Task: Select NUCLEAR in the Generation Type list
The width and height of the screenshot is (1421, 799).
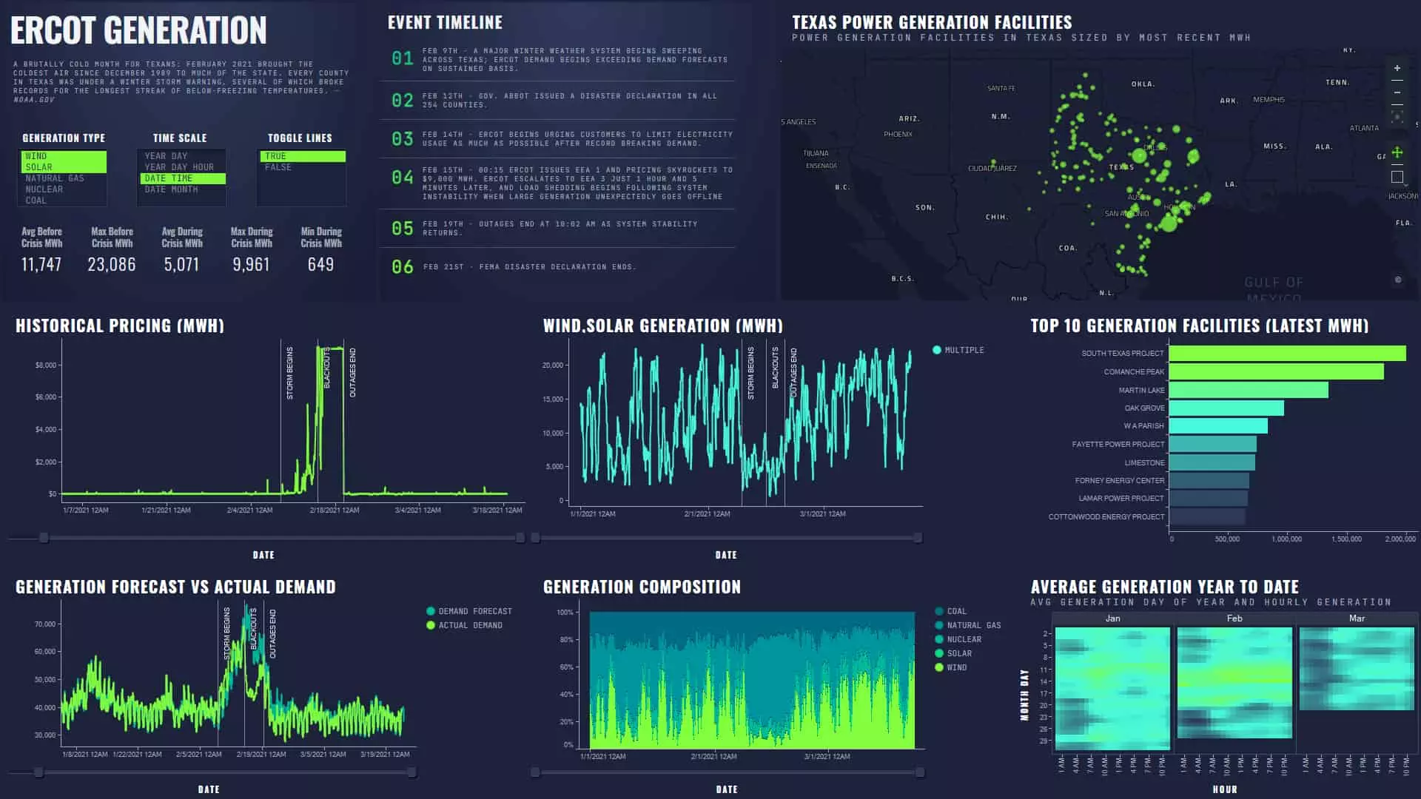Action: [44, 189]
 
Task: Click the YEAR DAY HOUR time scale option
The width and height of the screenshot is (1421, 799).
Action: [179, 167]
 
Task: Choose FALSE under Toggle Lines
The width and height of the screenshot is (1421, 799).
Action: [278, 167]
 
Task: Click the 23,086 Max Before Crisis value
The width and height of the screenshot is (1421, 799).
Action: [112, 265]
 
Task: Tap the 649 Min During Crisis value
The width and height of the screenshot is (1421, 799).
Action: [320, 265]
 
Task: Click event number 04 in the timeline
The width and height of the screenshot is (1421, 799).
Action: [403, 178]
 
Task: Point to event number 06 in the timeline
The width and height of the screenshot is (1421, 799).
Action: [403, 266]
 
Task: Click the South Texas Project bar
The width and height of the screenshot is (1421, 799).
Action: [1286, 354]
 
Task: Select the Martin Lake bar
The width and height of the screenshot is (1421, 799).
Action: [1248, 390]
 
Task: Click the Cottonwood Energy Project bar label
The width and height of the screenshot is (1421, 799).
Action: [1106, 517]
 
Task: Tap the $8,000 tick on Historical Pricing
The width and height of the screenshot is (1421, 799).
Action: [46, 365]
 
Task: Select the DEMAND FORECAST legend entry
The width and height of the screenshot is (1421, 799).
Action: [474, 611]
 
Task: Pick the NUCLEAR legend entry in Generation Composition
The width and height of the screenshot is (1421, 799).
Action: [964, 639]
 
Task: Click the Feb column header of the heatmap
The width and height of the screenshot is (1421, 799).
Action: [1234, 618]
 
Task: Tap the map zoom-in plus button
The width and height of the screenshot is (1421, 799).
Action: [1397, 68]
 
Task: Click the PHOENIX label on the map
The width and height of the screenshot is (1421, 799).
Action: [898, 135]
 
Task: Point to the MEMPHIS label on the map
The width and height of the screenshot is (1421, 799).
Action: [1269, 100]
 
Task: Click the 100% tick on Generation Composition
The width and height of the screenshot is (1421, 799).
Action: [565, 613]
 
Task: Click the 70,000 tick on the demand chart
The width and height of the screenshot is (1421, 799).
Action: [45, 624]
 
